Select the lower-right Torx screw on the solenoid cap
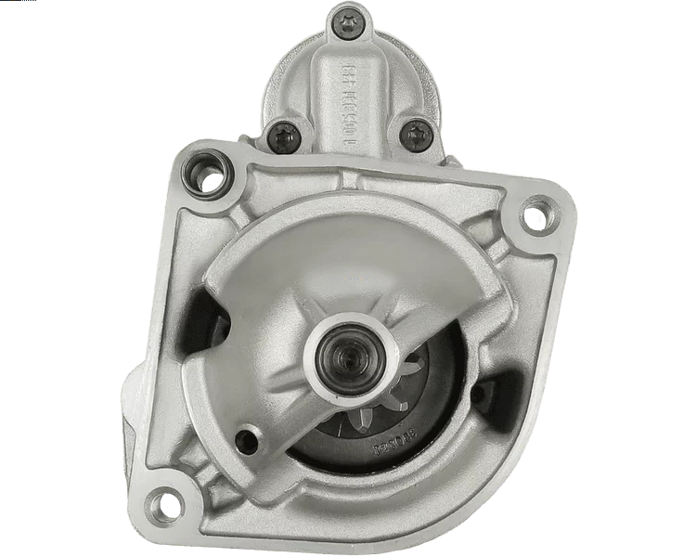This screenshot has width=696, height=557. click(413, 135)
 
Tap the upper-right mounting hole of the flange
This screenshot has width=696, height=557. click(535, 216)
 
